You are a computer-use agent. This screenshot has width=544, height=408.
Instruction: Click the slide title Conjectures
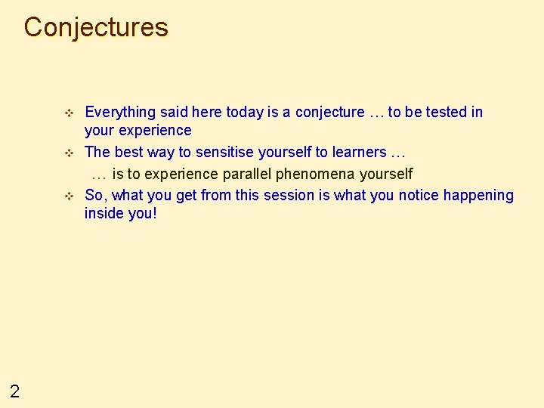click(x=96, y=27)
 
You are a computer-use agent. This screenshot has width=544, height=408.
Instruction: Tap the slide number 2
click(x=14, y=391)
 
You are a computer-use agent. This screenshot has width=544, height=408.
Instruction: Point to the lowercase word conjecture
click(x=329, y=113)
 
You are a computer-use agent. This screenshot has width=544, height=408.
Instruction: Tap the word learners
click(x=356, y=153)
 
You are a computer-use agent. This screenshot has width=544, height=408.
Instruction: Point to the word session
click(x=288, y=196)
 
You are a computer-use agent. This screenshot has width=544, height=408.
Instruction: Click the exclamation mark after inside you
click(x=155, y=214)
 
